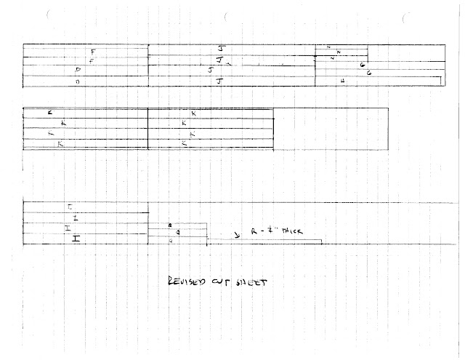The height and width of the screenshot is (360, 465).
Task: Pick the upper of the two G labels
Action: pos(362,65)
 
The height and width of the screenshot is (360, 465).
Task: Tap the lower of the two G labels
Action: pos(369,73)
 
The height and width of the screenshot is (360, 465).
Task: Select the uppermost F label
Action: pos(94,51)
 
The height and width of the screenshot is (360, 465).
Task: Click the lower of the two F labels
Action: pos(90,61)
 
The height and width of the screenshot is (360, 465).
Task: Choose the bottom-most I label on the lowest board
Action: pos(76,239)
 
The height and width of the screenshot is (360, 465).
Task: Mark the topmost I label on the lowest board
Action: pos(70,207)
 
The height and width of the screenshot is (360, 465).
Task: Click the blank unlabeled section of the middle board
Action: pos(331,129)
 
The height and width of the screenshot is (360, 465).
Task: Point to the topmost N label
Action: pos(329,47)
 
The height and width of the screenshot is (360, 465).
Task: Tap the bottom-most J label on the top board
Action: pos(219,81)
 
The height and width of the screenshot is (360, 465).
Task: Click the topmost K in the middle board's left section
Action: pos(50,113)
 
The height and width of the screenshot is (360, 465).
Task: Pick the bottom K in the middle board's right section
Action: pos(185,145)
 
